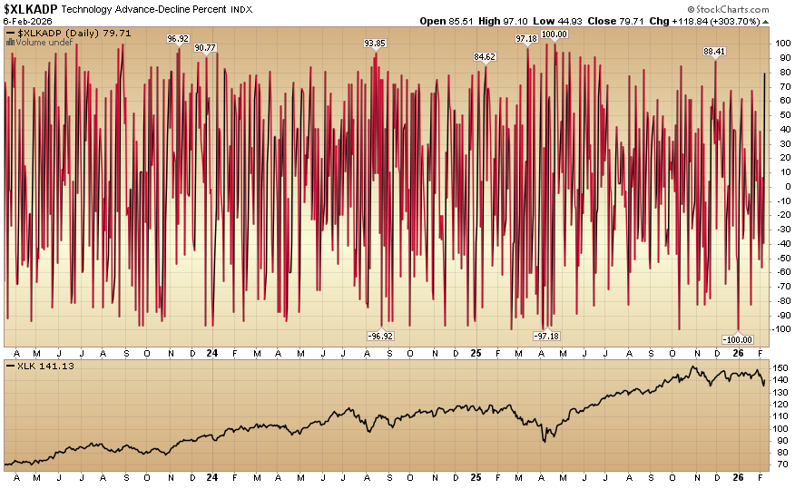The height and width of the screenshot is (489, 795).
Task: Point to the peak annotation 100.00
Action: click(x=554, y=34)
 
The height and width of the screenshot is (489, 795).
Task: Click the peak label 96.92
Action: click(x=178, y=39)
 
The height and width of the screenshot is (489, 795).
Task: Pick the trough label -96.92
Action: click(x=380, y=336)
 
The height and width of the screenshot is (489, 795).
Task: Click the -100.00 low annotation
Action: click(x=737, y=338)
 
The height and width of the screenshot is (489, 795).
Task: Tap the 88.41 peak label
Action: click(x=715, y=52)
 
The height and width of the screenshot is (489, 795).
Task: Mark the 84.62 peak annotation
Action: click(x=485, y=57)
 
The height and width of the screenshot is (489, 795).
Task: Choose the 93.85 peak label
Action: click(x=375, y=43)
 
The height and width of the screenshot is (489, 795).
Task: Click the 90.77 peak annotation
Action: click(x=205, y=47)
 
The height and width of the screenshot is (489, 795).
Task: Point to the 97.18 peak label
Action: click(x=526, y=39)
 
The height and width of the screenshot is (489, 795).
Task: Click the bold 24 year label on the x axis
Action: click(x=211, y=352)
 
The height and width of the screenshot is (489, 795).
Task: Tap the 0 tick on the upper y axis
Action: click(x=778, y=186)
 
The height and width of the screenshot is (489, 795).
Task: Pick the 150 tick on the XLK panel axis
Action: click(x=780, y=367)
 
